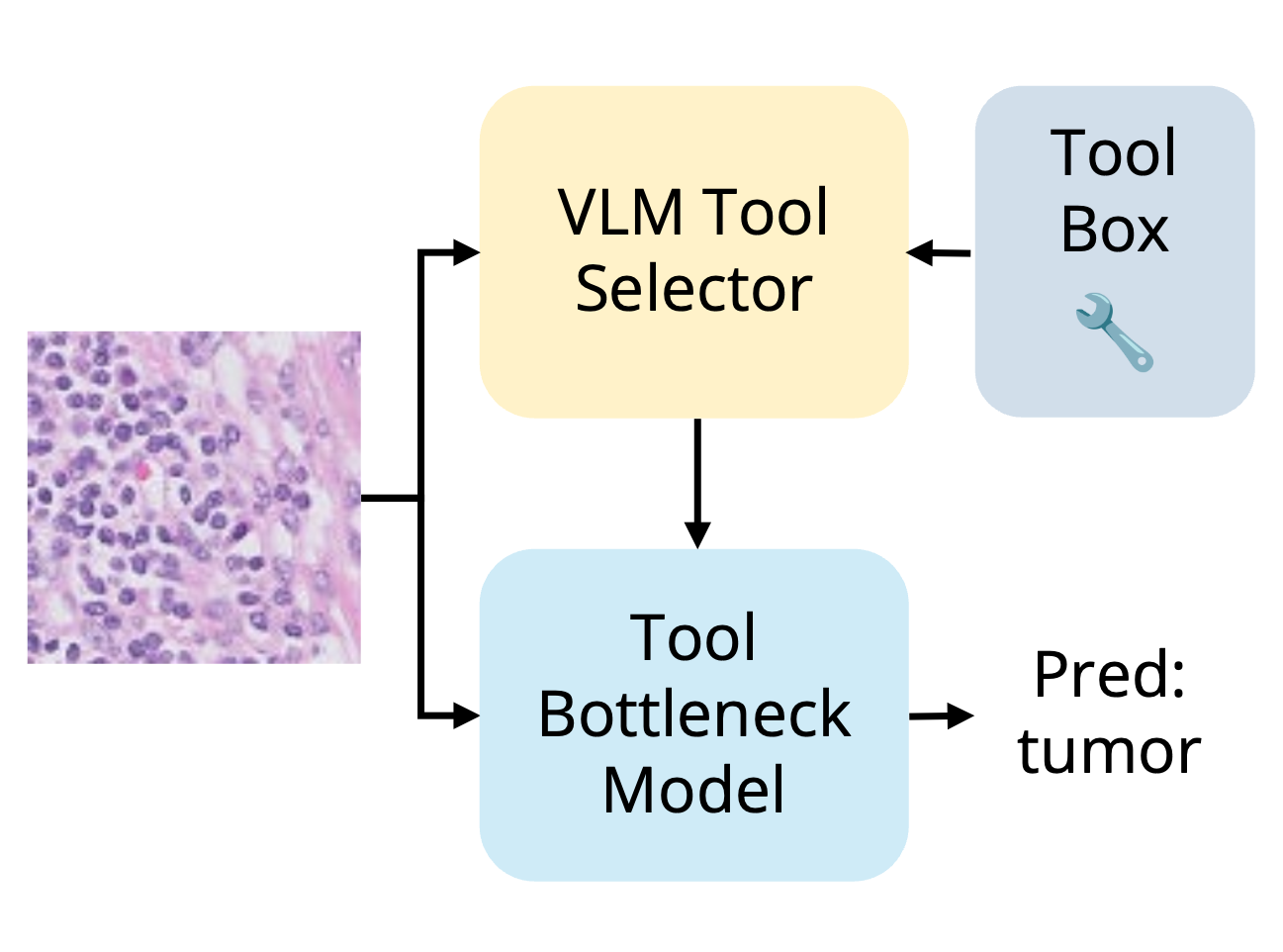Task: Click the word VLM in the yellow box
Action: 620,212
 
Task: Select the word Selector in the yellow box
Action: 693,289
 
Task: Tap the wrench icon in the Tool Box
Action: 1114,332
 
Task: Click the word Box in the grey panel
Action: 1114,230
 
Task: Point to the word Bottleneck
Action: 693,714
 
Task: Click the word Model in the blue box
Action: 693,790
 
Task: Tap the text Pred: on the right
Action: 1109,675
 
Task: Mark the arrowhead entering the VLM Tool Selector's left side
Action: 467,252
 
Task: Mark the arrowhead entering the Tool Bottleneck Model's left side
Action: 467,714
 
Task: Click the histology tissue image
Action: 194,497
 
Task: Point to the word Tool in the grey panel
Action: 1114,153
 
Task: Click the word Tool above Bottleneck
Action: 693,637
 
